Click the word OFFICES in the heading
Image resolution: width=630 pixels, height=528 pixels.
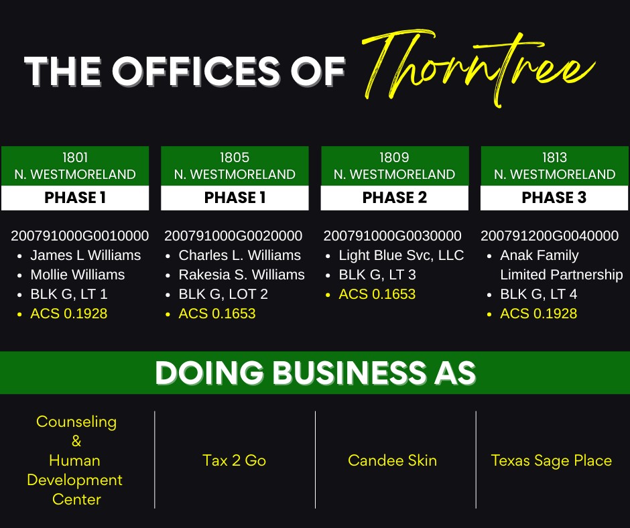click(x=196, y=71)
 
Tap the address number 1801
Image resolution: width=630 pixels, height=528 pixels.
click(x=75, y=157)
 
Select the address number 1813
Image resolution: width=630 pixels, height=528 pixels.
click(x=554, y=157)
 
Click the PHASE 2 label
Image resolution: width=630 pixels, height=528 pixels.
click(x=395, y=197)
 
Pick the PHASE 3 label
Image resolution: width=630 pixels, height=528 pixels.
click(x=554, y=197)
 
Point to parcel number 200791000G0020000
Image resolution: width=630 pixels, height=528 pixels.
click(x=233, y=235)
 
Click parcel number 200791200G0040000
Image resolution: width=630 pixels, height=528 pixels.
click(x=550, y=235)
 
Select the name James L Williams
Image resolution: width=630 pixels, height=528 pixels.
click(x=86, y=255)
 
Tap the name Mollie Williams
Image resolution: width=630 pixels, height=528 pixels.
click(x=78, y=275)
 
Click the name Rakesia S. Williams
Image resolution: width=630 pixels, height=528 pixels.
click(x=241, y=275)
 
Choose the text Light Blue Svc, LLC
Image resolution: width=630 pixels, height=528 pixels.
click(x=401, y=255)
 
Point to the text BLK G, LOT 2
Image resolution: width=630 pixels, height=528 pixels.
click(x=223, y=294)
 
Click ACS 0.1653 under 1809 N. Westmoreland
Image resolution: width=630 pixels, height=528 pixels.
click(x=377, y=294)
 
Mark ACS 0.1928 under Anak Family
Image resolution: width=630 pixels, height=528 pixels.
click(x=538, y=314)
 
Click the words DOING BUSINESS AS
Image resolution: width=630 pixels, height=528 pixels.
click(x=316, y=373)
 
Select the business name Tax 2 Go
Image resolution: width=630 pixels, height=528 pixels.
click(x=235, y=460)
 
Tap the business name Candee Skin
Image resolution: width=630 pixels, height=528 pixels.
click(x=392, y=460)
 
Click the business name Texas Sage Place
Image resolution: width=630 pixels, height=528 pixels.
click(x=551, y=460)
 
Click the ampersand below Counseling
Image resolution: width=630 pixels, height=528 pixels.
click(x=76, y=441)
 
